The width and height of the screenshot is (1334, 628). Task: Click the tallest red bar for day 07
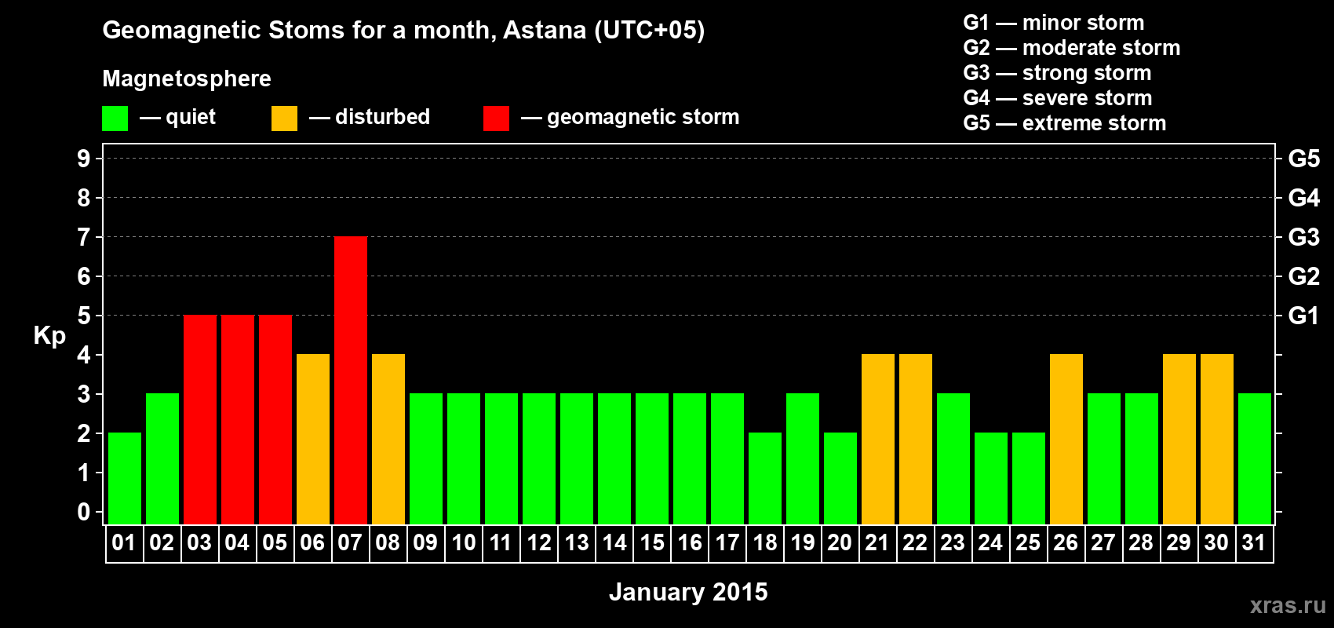[x=351, y=380]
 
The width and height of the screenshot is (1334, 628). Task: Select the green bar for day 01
[x=125, y=478]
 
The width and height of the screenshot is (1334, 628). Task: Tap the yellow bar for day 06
[x=313, y=439]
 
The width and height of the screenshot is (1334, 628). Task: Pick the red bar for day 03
[x=200, y=419]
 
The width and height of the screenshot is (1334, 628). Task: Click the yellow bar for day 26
[x=1066, y=439]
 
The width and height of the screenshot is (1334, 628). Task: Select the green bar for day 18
[x=765, y=478]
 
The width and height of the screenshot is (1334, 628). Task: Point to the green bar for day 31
[x=1255, y=458]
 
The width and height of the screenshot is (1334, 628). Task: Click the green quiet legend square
[x=115, y=118]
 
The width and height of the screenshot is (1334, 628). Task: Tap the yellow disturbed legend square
[x=284, y=118]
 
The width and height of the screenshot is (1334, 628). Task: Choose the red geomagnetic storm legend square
[x=496, y=118]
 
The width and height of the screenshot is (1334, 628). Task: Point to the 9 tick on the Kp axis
[x=83, y=159]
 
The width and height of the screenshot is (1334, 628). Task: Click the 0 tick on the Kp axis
[x=83, y=512]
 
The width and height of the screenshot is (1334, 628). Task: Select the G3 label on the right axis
[x=1304, y=237]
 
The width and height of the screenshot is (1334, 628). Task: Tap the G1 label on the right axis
[x=1304, y=316]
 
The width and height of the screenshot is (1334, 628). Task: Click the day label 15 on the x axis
[x=652, y=542]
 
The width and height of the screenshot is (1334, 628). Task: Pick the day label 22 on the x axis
[x=915, y=542]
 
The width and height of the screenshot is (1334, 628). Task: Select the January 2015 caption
[x=688, y=592]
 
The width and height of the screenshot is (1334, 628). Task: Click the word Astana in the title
[x=545, y=30]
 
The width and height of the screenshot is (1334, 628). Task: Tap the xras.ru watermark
[x=1288, y=605]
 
